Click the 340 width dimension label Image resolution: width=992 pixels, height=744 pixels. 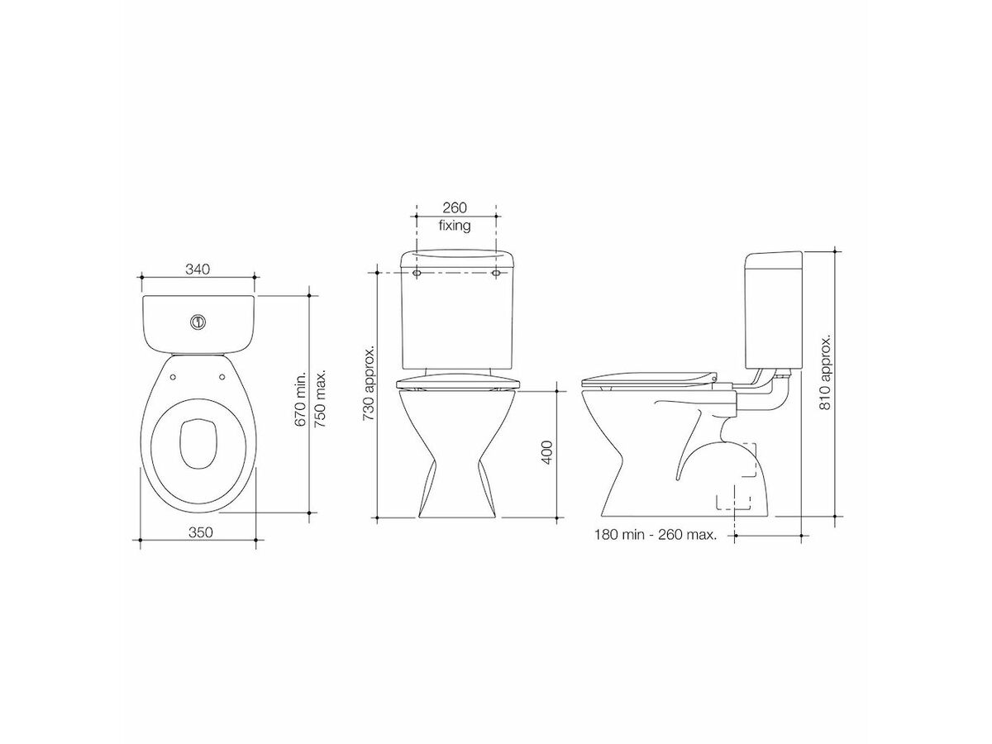pyautogui.click(x=198, y=269)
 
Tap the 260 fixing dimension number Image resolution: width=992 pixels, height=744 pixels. pyautogui.click(x=455, y=208)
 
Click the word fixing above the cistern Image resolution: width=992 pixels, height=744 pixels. pyautogui.click(x=455, y=225)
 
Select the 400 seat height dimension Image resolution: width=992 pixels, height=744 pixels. pyautogui.click(x=546, y=452)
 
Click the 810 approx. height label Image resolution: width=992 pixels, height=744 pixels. pyautogui.click(x=824, y=375)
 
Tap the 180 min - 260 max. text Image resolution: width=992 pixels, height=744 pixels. pyautogui.click(x=655, y=535)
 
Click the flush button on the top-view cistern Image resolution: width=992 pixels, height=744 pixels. pyautogui.click(x=198, y=322)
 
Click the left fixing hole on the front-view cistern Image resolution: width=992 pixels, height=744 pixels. pyautogui.click(x=416, y=271)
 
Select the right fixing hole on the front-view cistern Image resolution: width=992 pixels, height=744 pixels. pyautogui.click(x=496, y=271)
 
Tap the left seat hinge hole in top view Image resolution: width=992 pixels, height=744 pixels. pyautogui.click(x=172, y=376)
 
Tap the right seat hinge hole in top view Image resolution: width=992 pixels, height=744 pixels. pyautogui.click(x=222, y=376)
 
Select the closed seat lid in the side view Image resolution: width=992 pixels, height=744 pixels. pyautogui.click(x=645, y=377)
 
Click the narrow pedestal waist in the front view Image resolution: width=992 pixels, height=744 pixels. pyautogui.click(x=457, y=462)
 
